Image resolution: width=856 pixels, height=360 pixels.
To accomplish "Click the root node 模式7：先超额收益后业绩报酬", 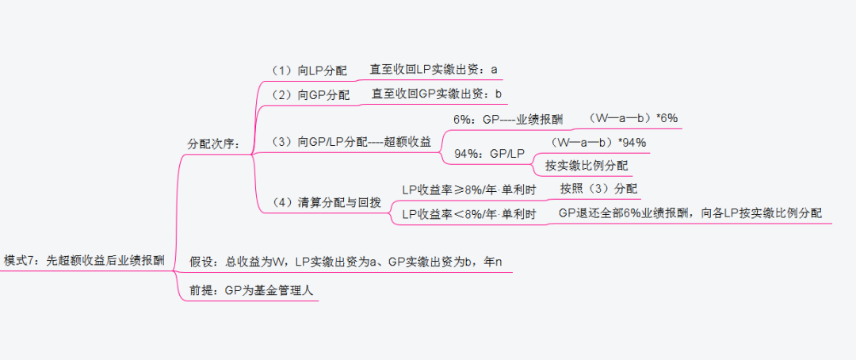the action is tap(84, 259).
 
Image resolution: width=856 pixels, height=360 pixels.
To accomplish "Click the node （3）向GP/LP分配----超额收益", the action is tap(351, 142).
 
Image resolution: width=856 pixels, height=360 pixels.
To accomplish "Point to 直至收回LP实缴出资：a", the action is tap(434, 70).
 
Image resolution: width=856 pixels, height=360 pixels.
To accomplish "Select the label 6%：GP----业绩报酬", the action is tap(507, 119).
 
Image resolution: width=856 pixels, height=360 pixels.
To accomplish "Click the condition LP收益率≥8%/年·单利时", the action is tap(468, 190).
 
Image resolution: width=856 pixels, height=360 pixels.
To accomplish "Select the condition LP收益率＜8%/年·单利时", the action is tap(468, 214).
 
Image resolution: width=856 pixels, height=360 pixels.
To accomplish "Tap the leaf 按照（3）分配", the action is tap(598, 189).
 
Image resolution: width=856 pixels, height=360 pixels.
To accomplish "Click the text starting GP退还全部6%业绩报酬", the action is tap(690, 213).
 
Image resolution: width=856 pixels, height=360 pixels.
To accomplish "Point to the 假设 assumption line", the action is tap(345, 261).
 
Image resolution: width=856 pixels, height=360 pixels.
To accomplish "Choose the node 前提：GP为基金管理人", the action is tap(251, 290).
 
